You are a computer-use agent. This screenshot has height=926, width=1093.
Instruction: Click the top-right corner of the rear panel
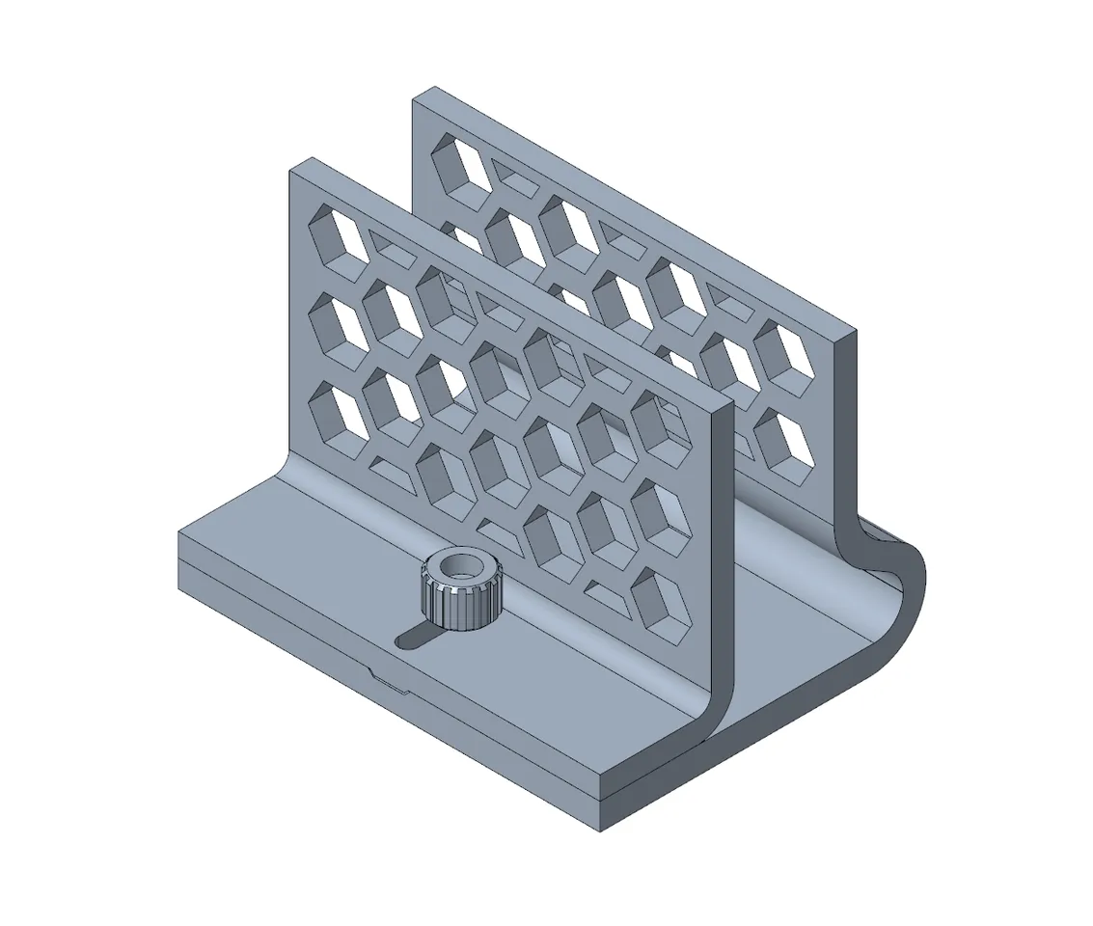(x=855, y=332)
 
